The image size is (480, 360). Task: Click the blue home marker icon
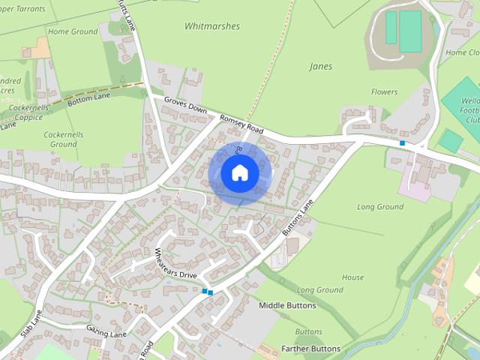tap(239, 173)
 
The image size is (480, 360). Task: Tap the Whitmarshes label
tap(212, 26)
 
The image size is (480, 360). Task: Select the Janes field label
tap(320, 67)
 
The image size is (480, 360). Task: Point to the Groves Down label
tap(185, 109)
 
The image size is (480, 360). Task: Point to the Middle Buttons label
tap(287, 306)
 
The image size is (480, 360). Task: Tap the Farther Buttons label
tap(310, 349)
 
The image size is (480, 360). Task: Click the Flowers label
tap(384, 92)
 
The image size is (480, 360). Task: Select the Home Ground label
tap(73, 32)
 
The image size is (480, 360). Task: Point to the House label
tap(352, 277)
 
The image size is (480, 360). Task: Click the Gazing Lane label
tap(106, 333)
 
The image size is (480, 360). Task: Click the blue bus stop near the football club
tap(403, 142)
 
